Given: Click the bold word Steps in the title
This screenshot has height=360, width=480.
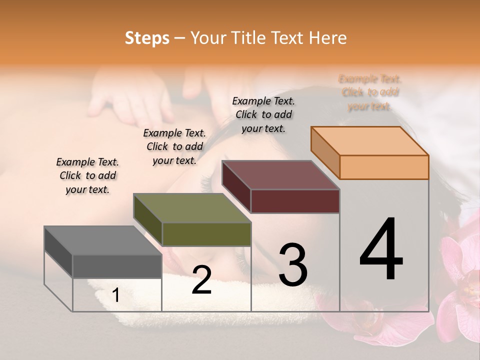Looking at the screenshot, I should pos(147,38).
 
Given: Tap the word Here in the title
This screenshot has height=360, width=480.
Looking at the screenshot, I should pos(328,38).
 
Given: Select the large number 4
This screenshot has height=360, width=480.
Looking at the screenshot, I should pos(381,249).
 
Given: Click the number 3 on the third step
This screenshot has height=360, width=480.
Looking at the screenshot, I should pos(292,264).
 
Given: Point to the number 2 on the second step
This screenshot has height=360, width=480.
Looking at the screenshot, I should pos(201,279).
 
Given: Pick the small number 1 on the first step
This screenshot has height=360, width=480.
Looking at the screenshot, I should pos(116,295).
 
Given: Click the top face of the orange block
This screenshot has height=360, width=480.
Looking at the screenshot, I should pos(370,141).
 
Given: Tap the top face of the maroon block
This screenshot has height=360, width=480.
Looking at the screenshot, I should pos(281,175).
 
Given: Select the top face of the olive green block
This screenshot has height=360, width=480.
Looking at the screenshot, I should pos(192,208).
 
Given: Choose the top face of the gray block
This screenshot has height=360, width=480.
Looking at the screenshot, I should pos(103,240).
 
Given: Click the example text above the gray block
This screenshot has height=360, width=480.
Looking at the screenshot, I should pos(87,175).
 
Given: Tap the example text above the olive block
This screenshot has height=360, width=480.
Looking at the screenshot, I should pos(174,146).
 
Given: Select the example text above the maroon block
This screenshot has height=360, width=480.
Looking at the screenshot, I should pos(263,114).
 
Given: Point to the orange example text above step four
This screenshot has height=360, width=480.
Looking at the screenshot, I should pos(370,92).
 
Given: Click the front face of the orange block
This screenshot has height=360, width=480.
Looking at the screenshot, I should pos(384,167).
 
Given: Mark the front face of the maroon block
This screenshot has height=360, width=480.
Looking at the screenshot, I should pos(295,201).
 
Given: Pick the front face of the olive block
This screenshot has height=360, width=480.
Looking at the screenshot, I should pos(206,234).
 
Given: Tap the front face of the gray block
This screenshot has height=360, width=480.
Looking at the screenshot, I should pos(117,266).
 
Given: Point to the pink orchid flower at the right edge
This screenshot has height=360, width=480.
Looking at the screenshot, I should pos(462,280).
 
